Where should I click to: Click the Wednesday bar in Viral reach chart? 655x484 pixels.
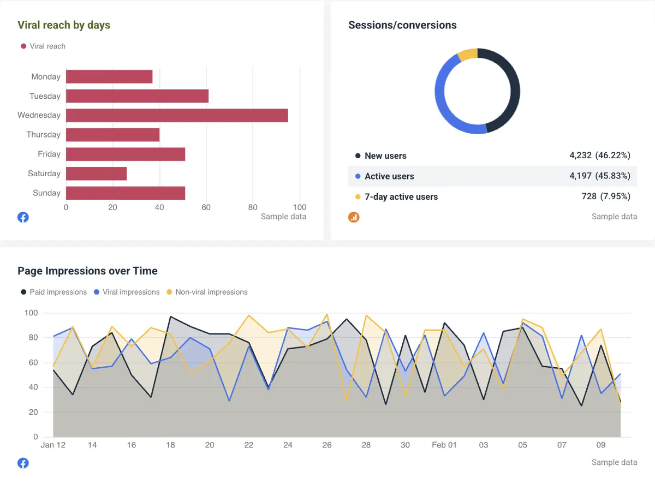tap(177, 115)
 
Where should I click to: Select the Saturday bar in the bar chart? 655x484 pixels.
tap(96, 174)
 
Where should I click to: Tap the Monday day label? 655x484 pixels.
tap(46, 77)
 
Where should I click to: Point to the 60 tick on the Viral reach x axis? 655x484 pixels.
tap(206, 207)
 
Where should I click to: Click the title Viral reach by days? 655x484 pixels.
tap(64, 25)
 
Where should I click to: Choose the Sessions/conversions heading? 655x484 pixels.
tap(402, 25)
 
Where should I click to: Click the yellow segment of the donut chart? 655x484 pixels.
tap(468, 54)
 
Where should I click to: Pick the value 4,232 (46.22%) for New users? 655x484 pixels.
tap(599, 156)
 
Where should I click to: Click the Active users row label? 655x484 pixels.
tap(389, 176)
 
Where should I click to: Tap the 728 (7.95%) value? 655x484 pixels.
tap(606, 196)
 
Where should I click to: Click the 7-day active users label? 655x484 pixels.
tap(401, 197)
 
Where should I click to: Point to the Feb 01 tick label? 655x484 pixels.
tap(444, 445)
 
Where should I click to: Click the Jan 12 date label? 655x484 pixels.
tap(53, 445)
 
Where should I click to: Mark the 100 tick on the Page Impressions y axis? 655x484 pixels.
tap(31, 313)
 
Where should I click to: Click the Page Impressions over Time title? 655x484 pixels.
tap(87, 271)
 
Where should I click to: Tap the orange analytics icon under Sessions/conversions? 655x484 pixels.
tap(354, 217)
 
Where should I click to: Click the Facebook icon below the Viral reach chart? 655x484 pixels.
tap(23, 217)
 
